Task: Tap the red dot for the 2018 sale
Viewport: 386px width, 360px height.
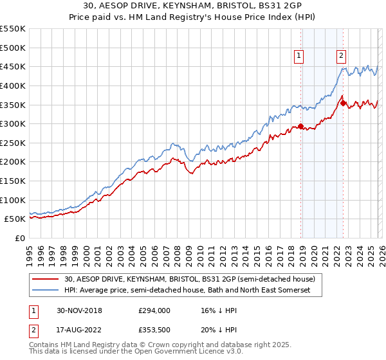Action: [301, 126]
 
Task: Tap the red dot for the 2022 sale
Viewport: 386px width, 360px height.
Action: [343, 103]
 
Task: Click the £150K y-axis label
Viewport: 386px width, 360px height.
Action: [13, 181]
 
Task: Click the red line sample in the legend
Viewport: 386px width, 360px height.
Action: [46, 279]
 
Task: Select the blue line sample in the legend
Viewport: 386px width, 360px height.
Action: [46, 291]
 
